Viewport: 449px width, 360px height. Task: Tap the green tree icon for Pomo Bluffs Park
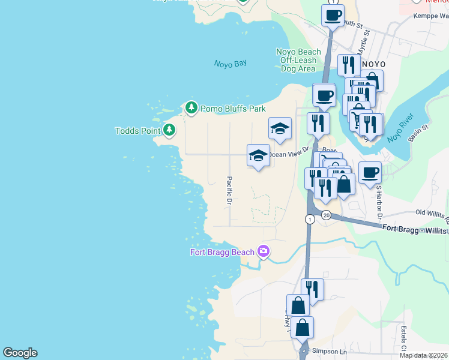tap(191, 108)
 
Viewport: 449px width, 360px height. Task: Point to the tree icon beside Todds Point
tap(169, 130)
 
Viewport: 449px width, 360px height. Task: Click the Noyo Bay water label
tap(231, 64)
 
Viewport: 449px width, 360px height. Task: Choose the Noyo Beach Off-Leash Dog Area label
tap(298, 60)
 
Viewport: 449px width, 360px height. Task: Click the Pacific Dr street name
tap(229, 191)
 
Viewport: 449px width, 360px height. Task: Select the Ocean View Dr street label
tap(288, 154)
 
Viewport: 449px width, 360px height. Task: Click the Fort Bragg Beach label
tap(223, 252)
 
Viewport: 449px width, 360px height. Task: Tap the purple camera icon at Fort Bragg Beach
tap(263, 251)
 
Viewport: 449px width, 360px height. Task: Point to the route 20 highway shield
tap(325, 215)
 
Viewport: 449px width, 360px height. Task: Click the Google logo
tap(20, 353)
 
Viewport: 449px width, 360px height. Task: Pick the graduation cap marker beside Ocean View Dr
tap(258, 155)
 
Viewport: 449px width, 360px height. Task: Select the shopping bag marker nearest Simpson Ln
tap(303, 328)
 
